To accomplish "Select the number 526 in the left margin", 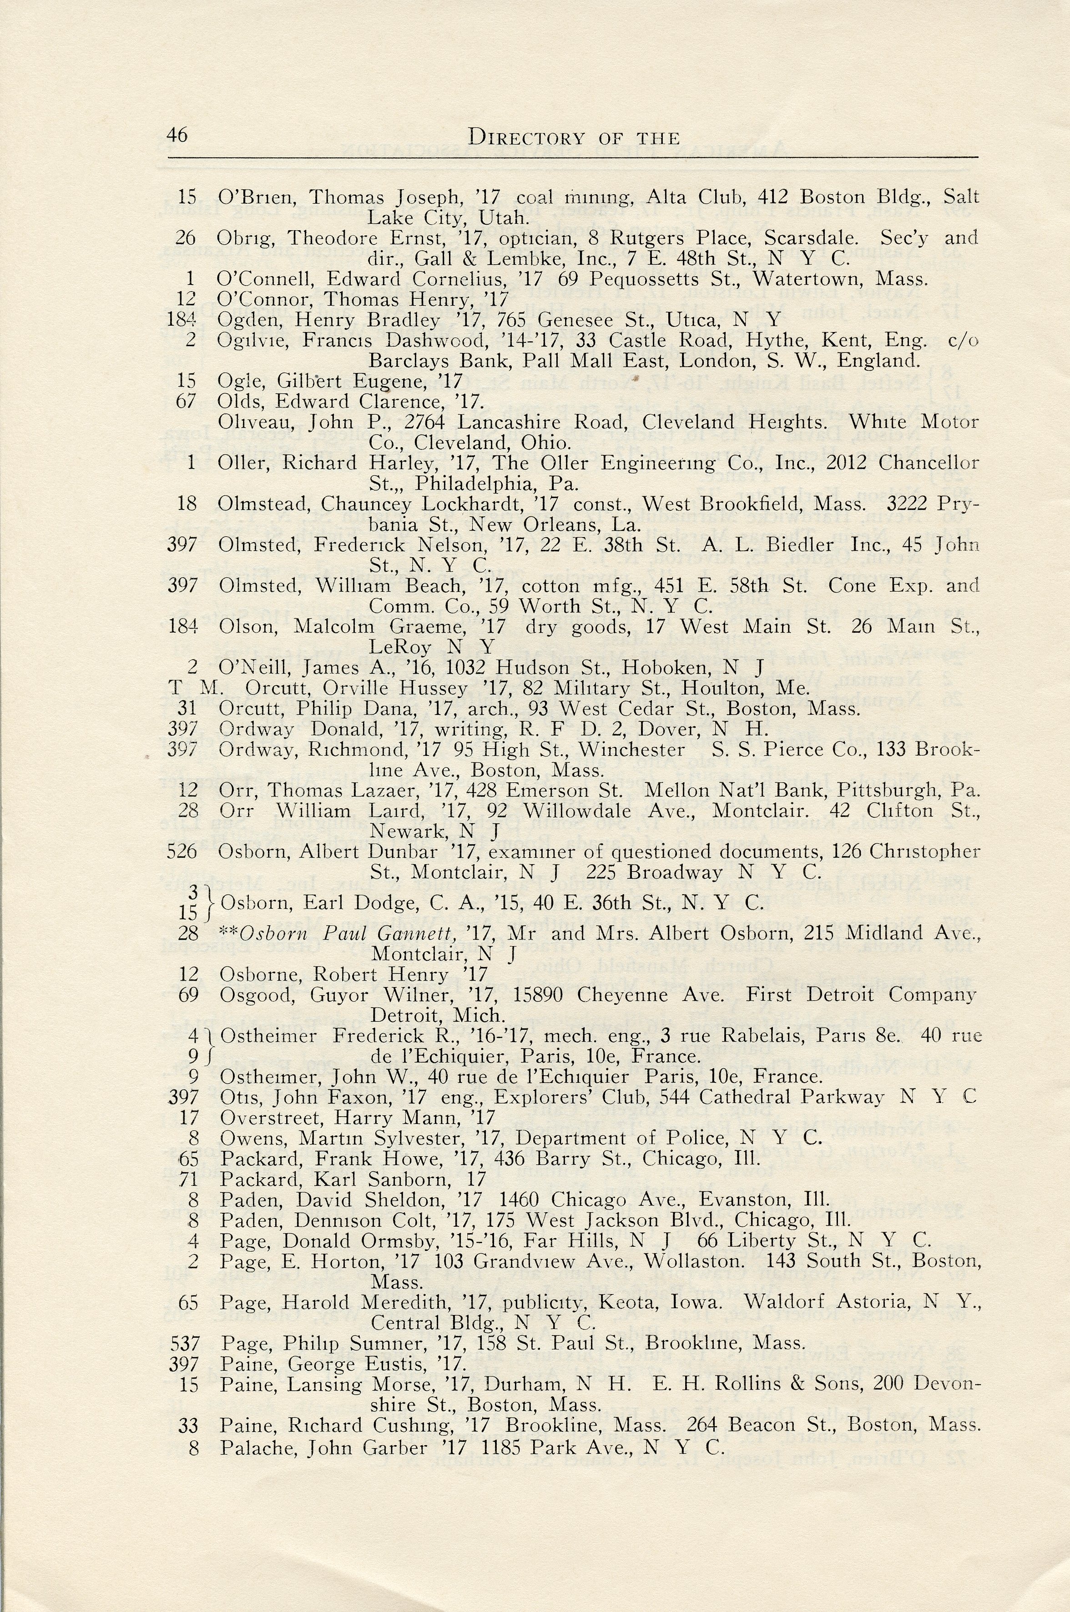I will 182,852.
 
